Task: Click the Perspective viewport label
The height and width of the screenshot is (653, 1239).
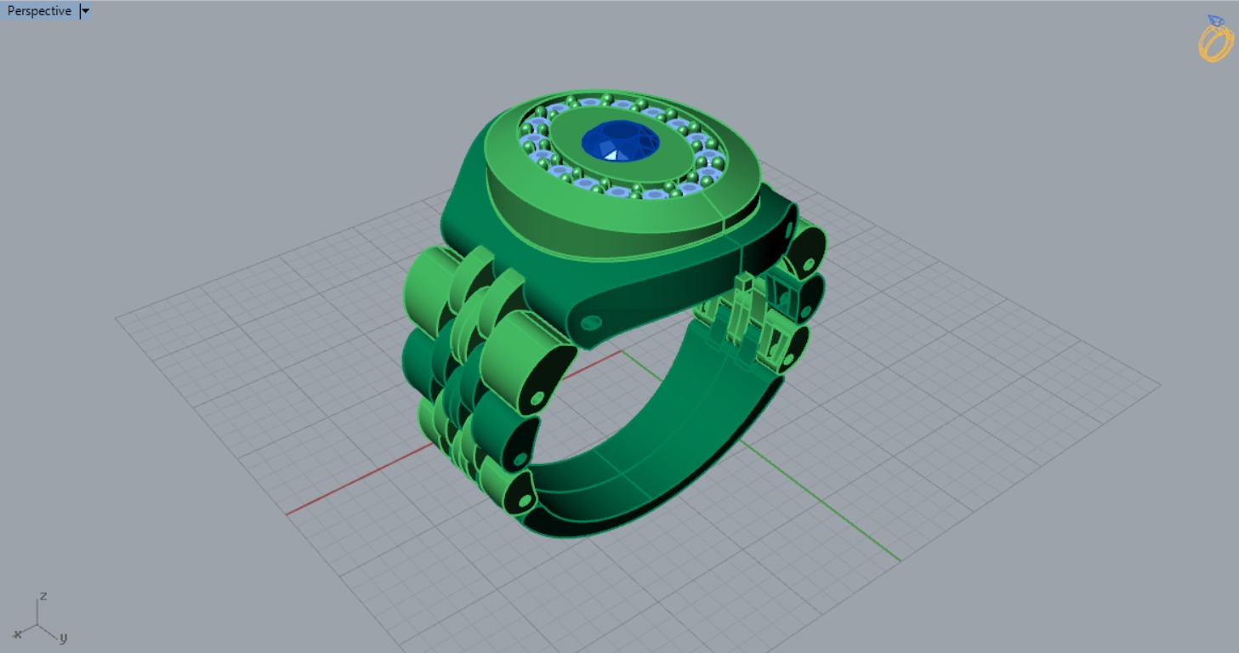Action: click(x=39, y=11)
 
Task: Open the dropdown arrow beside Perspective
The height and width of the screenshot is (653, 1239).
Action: click(x=85, y=11)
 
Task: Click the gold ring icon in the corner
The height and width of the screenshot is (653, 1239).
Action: click(x=1215, y=39)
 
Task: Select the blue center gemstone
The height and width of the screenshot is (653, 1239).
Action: click(x=621, y=141)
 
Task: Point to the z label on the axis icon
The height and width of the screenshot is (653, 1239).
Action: click(x=43, y=595)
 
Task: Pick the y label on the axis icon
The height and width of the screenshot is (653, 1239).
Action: click(x=64, y=637)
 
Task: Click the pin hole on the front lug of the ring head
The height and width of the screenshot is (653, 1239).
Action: click(x=590, y=322)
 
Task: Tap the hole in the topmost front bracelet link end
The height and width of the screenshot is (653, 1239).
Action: click(x=537, y=398)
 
